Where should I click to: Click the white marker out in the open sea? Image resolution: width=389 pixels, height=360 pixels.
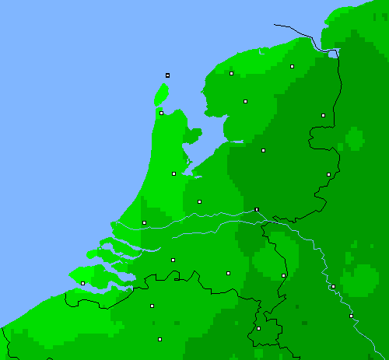tap(167, 75)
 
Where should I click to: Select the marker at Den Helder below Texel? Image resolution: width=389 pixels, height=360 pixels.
tap(162, 113)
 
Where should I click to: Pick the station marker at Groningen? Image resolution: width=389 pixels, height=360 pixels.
tap(293, 66)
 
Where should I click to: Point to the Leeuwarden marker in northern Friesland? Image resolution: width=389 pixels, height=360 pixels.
tap(232, 73)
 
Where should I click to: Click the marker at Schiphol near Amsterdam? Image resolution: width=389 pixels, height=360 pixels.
tap(173, 173)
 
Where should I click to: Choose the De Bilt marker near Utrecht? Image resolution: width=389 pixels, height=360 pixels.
tap(199, 201)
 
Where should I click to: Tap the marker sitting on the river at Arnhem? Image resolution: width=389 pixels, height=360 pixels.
tap(257, 209)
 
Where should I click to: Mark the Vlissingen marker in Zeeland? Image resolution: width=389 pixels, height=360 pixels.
tap(82, 283)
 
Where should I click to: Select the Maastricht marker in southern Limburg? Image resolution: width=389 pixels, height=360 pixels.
tap(259, 328)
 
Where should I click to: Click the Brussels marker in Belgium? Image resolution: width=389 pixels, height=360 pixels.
tap(159, 339)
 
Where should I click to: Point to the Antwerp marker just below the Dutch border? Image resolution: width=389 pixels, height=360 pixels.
tap(152, 306)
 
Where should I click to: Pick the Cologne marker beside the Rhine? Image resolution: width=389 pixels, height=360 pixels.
tap(351, 316)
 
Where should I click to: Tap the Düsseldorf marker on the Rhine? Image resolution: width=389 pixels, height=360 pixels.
tap(333, 286)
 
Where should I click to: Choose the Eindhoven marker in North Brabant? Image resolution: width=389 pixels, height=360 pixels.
tap(228, 273)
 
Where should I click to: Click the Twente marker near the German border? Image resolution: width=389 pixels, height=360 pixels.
tap(328, 174)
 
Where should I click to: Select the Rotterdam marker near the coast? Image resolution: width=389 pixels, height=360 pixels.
tap(144, 223)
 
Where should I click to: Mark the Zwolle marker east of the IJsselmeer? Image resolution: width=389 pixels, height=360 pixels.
tap(263, 150)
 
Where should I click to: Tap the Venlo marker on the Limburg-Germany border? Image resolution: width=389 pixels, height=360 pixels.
tap(283, 275)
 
